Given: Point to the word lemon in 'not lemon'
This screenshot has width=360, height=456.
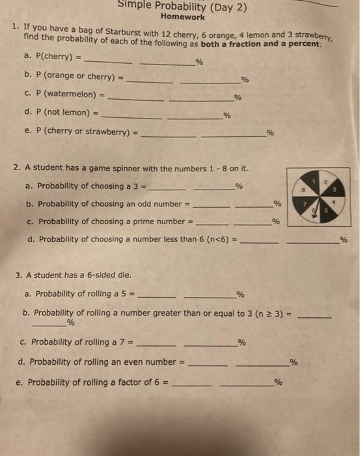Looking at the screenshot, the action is [76, 112].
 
